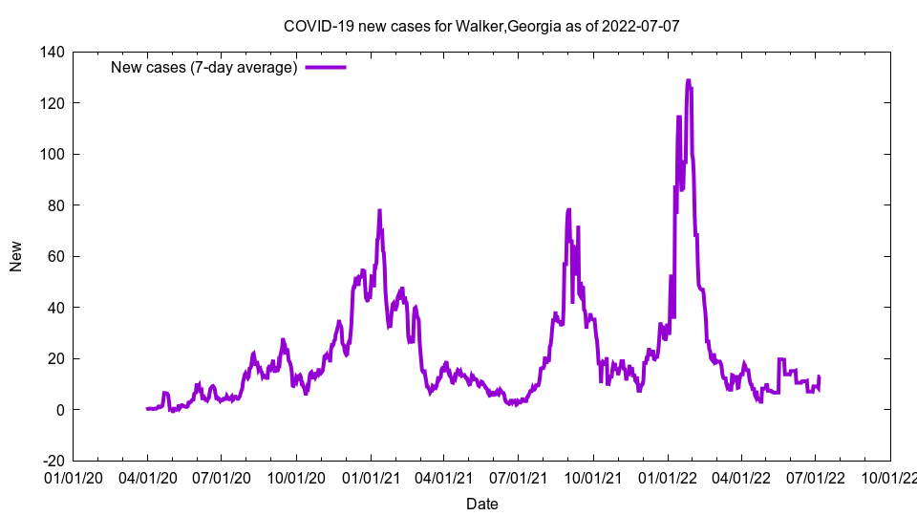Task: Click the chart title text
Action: coord(481,26)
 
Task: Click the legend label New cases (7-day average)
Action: coord(204,67)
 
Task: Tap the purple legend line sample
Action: coord(325,67)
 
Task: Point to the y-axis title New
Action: coord(16,256)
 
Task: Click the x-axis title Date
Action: coord(481,504)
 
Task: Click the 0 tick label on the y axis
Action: coord(59,410)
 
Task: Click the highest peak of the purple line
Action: coord(688,81)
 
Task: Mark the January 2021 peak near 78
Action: coord(379,211)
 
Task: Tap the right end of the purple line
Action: coord(819,377)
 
